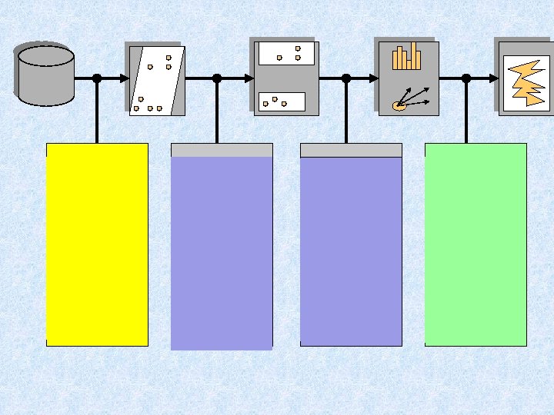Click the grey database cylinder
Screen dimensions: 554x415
(45, 74)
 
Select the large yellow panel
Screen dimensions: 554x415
(97, 244)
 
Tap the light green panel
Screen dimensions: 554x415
(476, 244)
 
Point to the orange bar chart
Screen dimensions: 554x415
(406, 57)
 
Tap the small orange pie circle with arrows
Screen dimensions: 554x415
(399, 105)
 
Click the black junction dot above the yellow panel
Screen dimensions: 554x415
(97, 78)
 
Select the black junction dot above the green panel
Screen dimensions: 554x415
(466, 78)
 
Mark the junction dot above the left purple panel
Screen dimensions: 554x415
(217, 78)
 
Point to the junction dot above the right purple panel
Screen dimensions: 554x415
(346, 78)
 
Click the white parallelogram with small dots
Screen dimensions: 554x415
(157, 80)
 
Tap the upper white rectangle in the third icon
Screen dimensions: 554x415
(286, 53)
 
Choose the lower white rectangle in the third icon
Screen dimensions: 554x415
(282, 101)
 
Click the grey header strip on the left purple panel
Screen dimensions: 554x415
(222, 150)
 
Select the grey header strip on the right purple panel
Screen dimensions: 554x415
(351, 150)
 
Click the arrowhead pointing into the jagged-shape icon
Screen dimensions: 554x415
(494, 78)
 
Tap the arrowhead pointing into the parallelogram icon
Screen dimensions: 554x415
(125, 78)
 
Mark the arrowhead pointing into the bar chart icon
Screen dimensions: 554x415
(374, 78)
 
